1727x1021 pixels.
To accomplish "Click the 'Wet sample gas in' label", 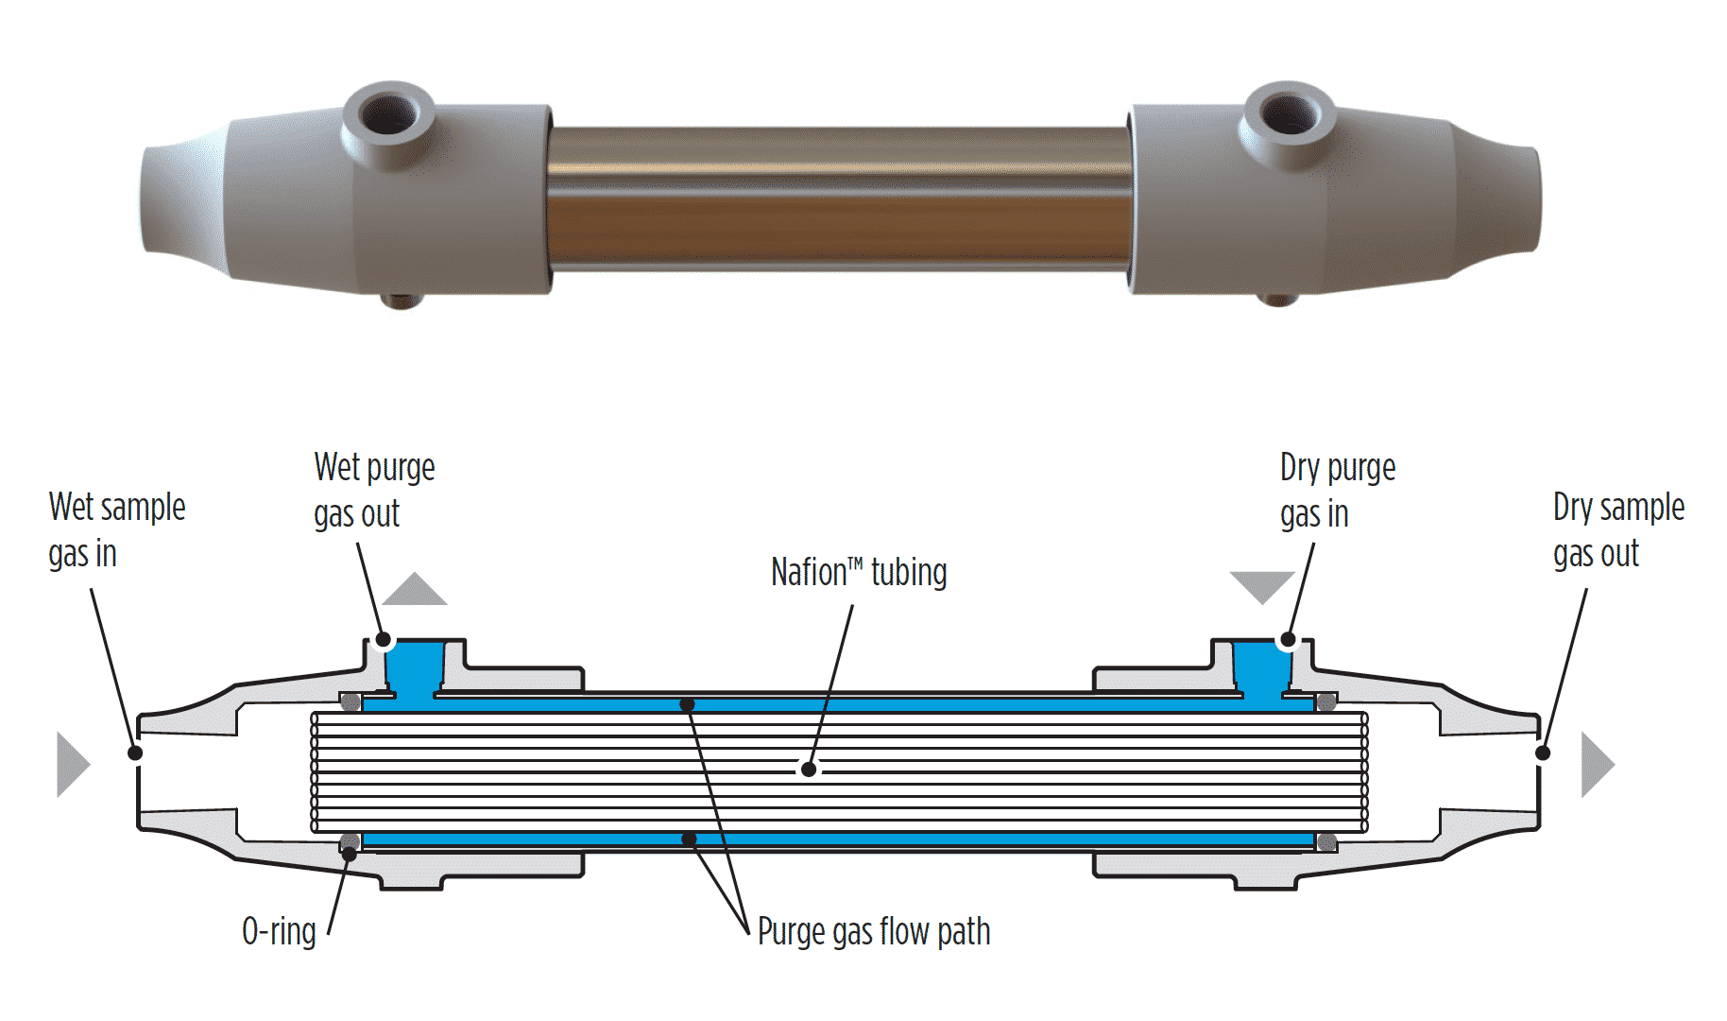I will [116, 530].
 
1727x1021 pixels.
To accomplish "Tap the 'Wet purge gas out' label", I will [374, 491].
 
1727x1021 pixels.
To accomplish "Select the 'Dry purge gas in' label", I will [1337, 491].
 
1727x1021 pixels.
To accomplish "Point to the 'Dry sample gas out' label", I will [1617, 530].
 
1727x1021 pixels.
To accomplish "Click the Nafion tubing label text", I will [858, 573].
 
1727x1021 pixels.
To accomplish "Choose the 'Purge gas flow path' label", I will [874, 932].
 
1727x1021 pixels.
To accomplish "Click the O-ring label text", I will [279, 932].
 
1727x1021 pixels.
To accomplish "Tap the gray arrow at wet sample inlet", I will [72, 764].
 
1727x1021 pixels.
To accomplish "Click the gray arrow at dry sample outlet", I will [1597, 764].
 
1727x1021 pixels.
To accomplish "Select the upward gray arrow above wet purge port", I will [415, 591].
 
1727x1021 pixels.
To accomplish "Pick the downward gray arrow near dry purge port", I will [1261, 585].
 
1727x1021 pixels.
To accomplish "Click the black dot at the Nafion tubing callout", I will [809, 770].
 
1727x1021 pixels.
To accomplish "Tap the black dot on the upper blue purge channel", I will [688, 704].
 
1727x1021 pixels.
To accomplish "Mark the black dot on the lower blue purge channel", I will [690, 839].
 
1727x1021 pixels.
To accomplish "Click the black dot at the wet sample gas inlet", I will [135, 753].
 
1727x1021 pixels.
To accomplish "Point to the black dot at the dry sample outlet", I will [1543, 753].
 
